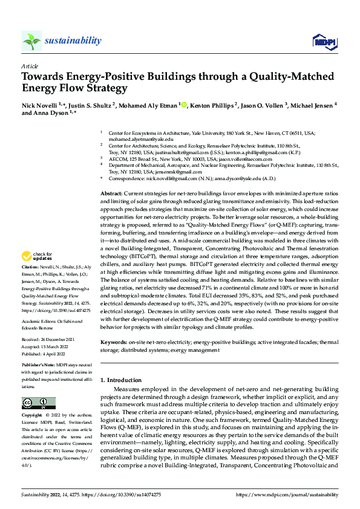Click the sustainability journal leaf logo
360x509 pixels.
coord(31,41)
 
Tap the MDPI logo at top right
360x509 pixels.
coord(324,41)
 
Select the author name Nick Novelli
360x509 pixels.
coord(41,106)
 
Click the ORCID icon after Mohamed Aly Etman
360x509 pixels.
coord(184,106)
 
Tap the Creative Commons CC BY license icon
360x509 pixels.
coord(38,403)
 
